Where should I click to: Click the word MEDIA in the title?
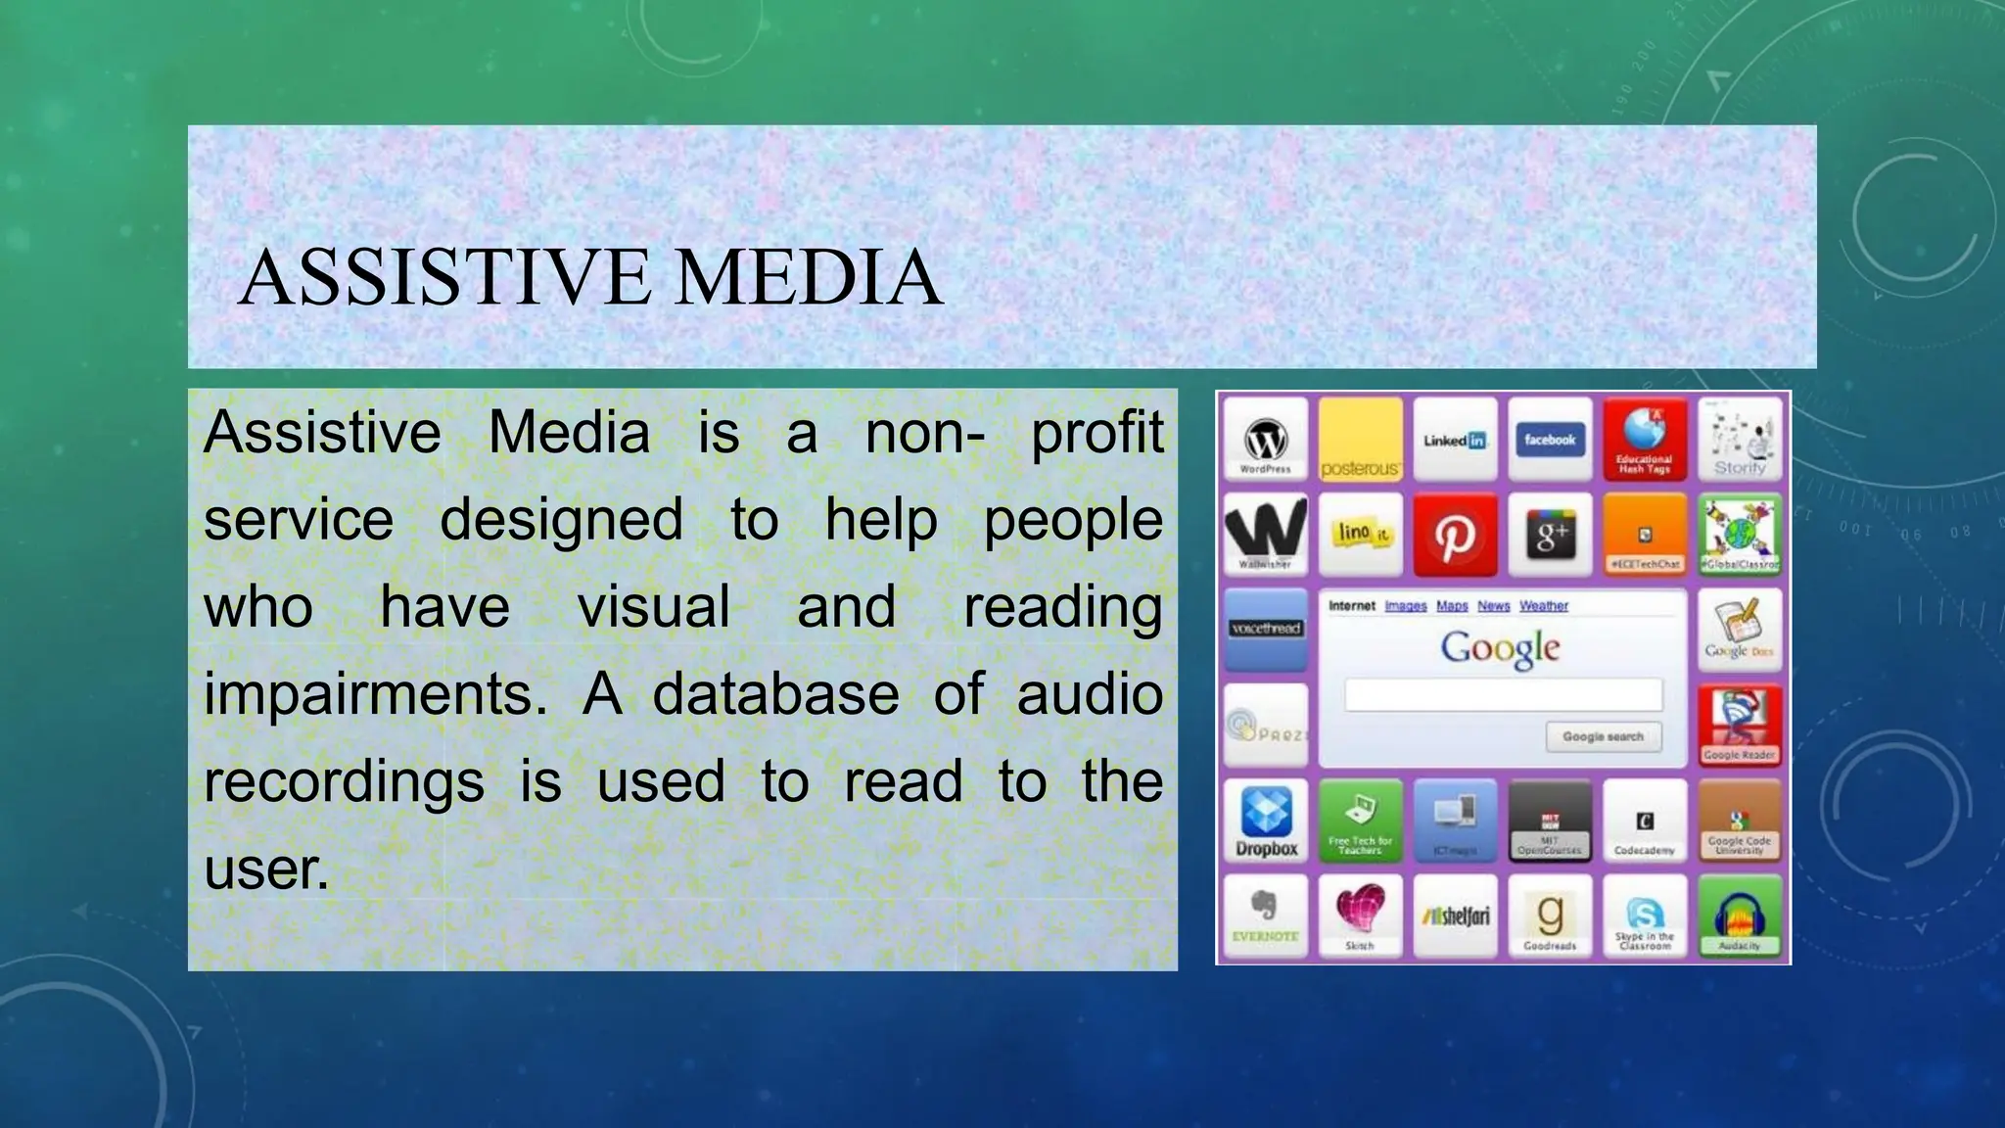click(x=809, y=277)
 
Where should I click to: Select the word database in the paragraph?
click(x=775, y=694)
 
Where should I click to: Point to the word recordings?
click(x=344, y=782)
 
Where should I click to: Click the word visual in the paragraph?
click(x=653, y=607)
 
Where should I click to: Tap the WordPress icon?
click(x=1265, y=439)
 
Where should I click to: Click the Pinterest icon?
click(x=1455, y=535)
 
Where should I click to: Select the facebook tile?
click(x=1550, y=439)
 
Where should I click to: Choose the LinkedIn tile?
click(x=1455, y=439)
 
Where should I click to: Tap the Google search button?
click(x=1603, y=736)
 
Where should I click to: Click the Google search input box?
click(x=1503, y=695)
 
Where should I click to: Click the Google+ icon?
click(x=1550, y=535)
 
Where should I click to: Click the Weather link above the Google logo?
click(x=1543, y=606)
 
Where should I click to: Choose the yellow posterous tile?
click(x=1360, y=439)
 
